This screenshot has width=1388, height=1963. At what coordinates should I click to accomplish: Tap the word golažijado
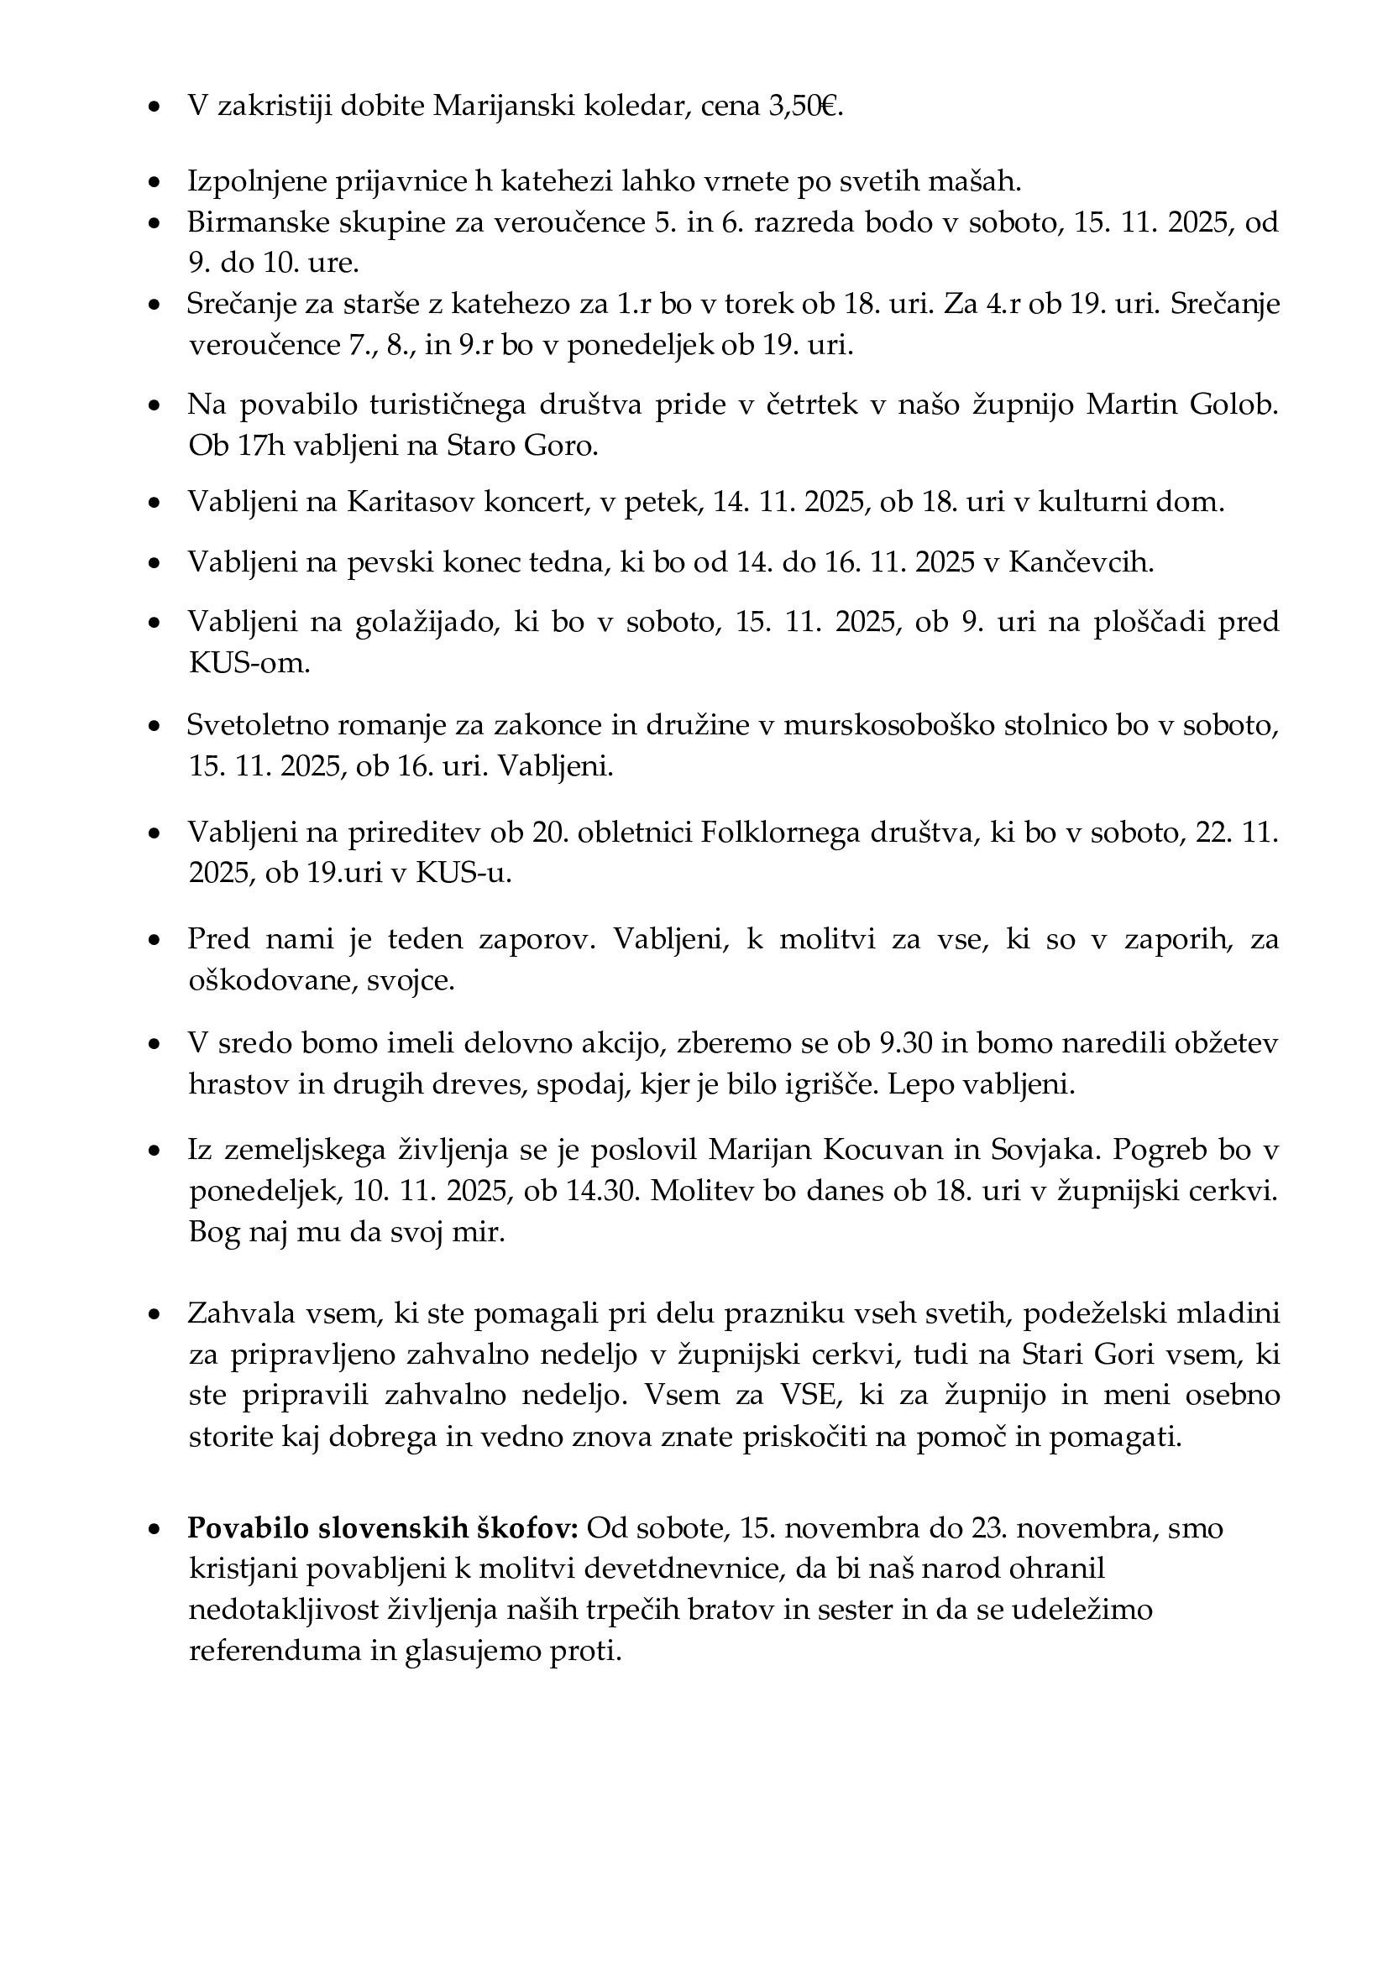coord(427,623)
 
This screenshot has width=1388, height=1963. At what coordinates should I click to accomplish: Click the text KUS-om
coord(248,664)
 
